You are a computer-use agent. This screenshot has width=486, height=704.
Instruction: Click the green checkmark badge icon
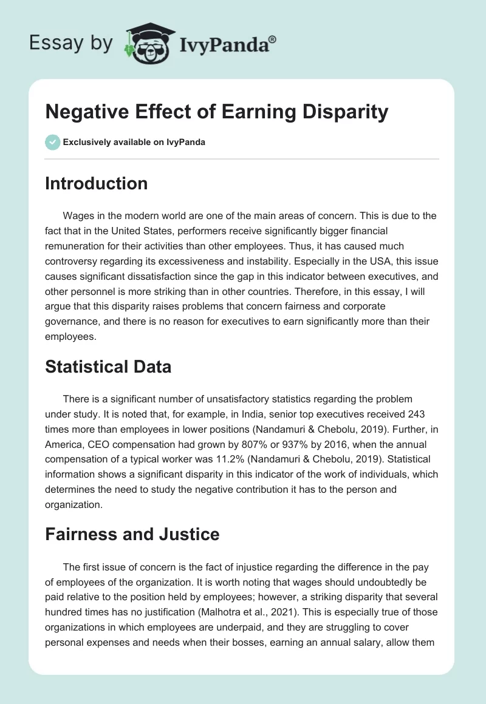(52, 142)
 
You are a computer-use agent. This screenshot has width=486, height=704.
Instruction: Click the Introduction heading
(96, 184)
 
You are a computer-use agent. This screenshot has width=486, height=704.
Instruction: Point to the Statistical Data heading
(108, 367)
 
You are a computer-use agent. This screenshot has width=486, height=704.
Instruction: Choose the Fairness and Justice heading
(132, 535)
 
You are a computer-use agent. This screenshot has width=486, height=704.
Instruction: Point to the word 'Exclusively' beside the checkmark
(87, 143)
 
